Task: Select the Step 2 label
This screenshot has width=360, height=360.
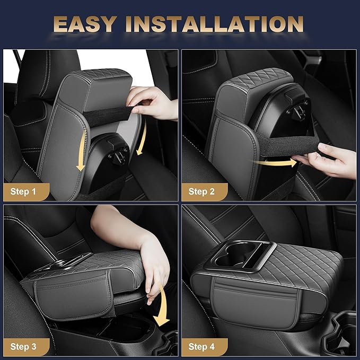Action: [201, 191]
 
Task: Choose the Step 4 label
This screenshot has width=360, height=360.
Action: [201, 346]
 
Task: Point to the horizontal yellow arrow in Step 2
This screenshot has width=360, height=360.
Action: [275, 162]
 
